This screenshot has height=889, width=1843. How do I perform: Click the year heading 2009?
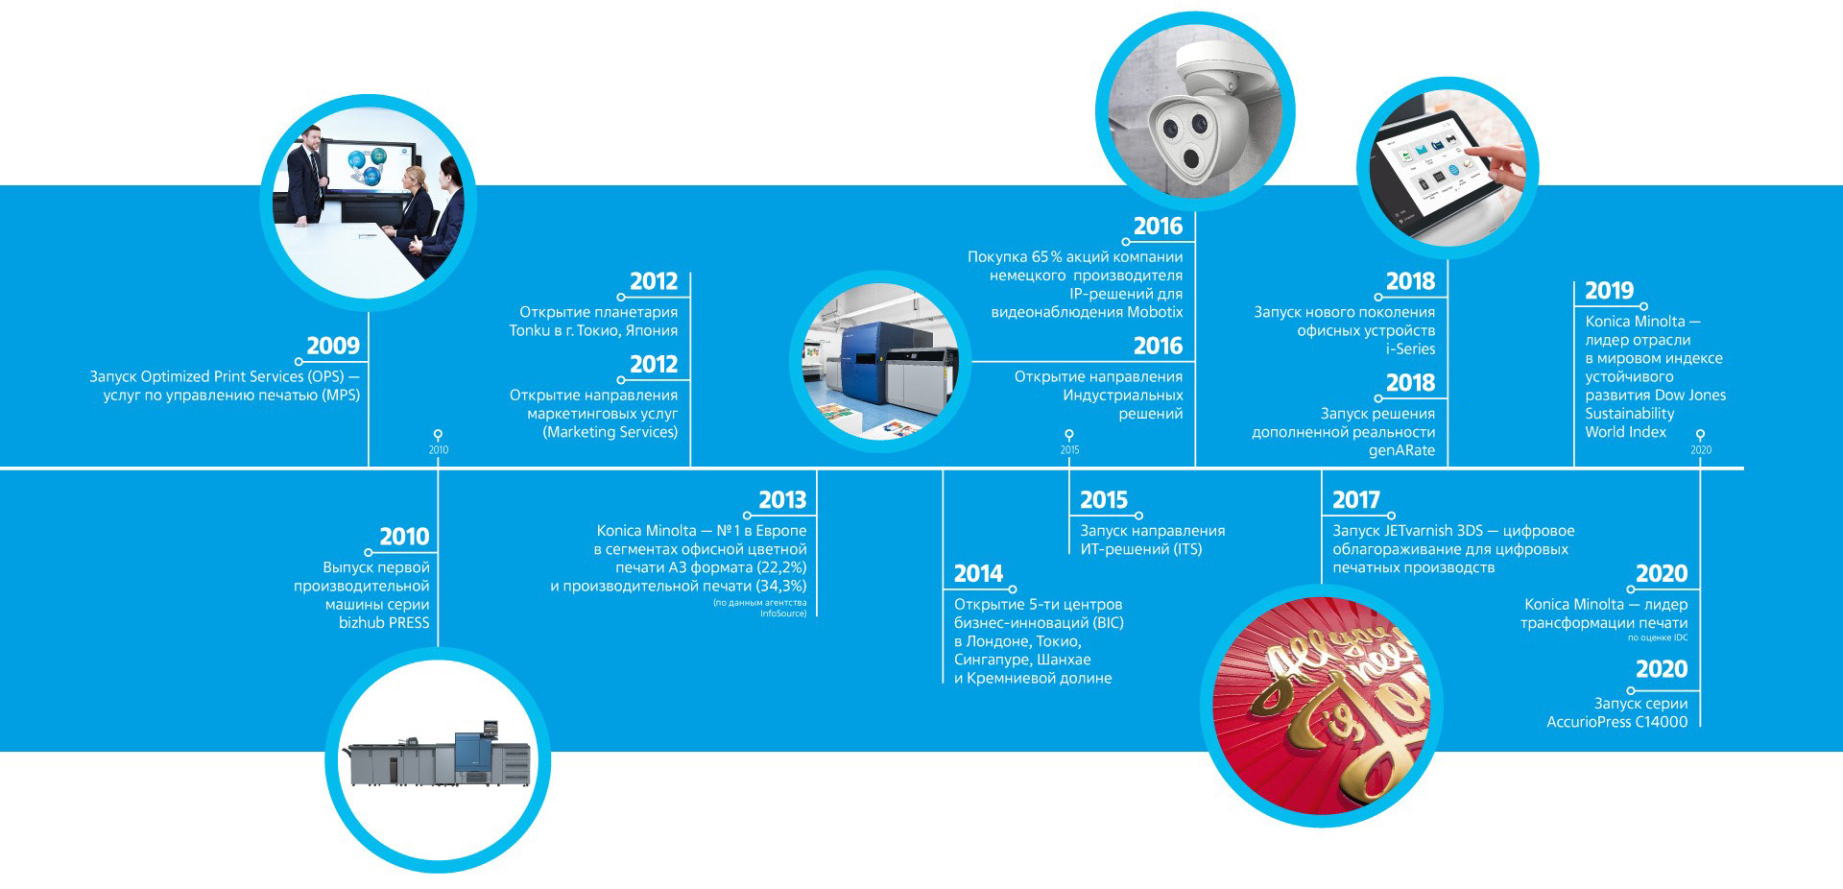333,346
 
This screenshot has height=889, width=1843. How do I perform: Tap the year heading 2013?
782,500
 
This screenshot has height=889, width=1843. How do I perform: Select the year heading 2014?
978,574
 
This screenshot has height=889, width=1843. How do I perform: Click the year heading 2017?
1356,500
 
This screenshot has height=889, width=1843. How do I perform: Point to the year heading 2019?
1610,291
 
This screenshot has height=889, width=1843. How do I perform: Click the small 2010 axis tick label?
439,450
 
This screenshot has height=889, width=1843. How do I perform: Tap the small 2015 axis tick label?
1070,450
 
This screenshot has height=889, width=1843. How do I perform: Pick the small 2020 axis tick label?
1701,450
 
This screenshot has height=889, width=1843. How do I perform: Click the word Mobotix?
1155,312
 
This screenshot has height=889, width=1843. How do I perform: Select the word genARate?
1401,451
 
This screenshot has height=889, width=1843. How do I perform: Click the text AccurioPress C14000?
1616,722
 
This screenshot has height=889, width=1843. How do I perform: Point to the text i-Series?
1410,349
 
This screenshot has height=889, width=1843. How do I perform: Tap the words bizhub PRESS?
384,623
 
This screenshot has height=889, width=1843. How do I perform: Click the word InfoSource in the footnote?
783,613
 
